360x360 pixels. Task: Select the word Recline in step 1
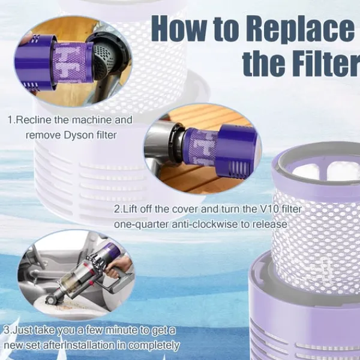tap(35, 120)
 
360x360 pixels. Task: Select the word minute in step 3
tap(111, 331)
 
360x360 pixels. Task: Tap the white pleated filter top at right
tap(317, 171)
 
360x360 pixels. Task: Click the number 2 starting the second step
tap(116, 209)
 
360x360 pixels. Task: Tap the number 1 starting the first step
tap(10, 120)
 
